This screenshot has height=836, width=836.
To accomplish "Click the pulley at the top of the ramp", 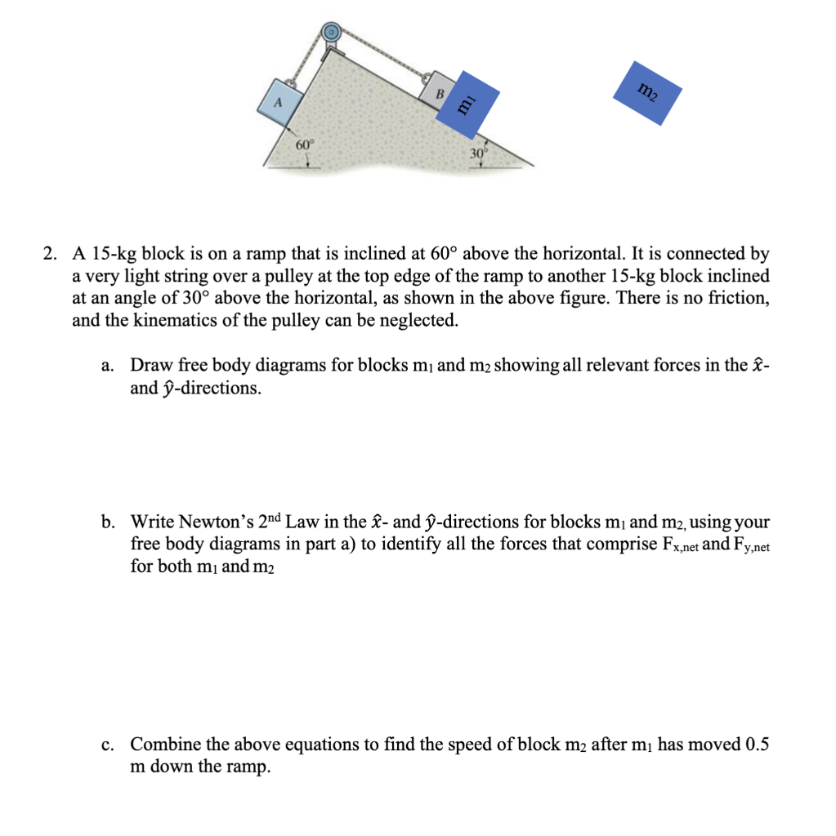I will point(331,33).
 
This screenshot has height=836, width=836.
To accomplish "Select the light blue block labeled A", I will point(279,103).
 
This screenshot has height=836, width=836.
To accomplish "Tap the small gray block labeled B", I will point(436,92).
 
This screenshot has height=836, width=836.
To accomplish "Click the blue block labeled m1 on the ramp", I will point(467,104).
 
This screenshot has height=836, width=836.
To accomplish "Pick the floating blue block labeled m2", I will point(647,92).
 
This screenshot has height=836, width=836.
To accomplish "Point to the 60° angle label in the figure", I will point(305,144).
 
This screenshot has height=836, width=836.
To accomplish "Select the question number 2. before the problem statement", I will point(51,254).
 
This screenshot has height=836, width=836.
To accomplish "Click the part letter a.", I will point(109,365).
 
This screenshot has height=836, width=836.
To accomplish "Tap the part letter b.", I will point(109,522).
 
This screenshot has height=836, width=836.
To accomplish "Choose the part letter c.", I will point(109,745).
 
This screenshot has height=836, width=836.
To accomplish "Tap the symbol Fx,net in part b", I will point(675,545).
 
